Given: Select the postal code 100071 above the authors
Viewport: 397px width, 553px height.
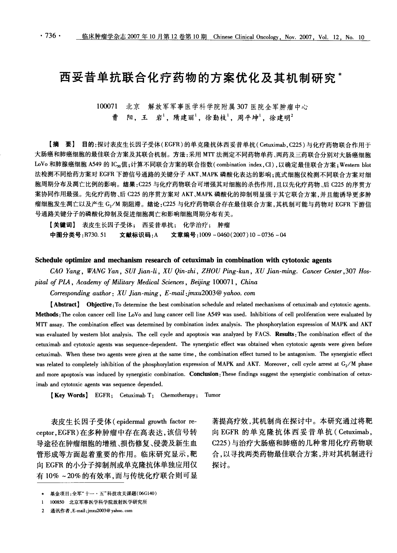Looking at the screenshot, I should point(108,106).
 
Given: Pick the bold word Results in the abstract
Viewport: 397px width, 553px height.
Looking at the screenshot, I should point(284,334).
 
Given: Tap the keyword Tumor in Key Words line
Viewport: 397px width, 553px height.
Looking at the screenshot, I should point(213,395).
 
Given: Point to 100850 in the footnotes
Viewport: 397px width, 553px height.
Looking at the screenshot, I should point(57,502).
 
